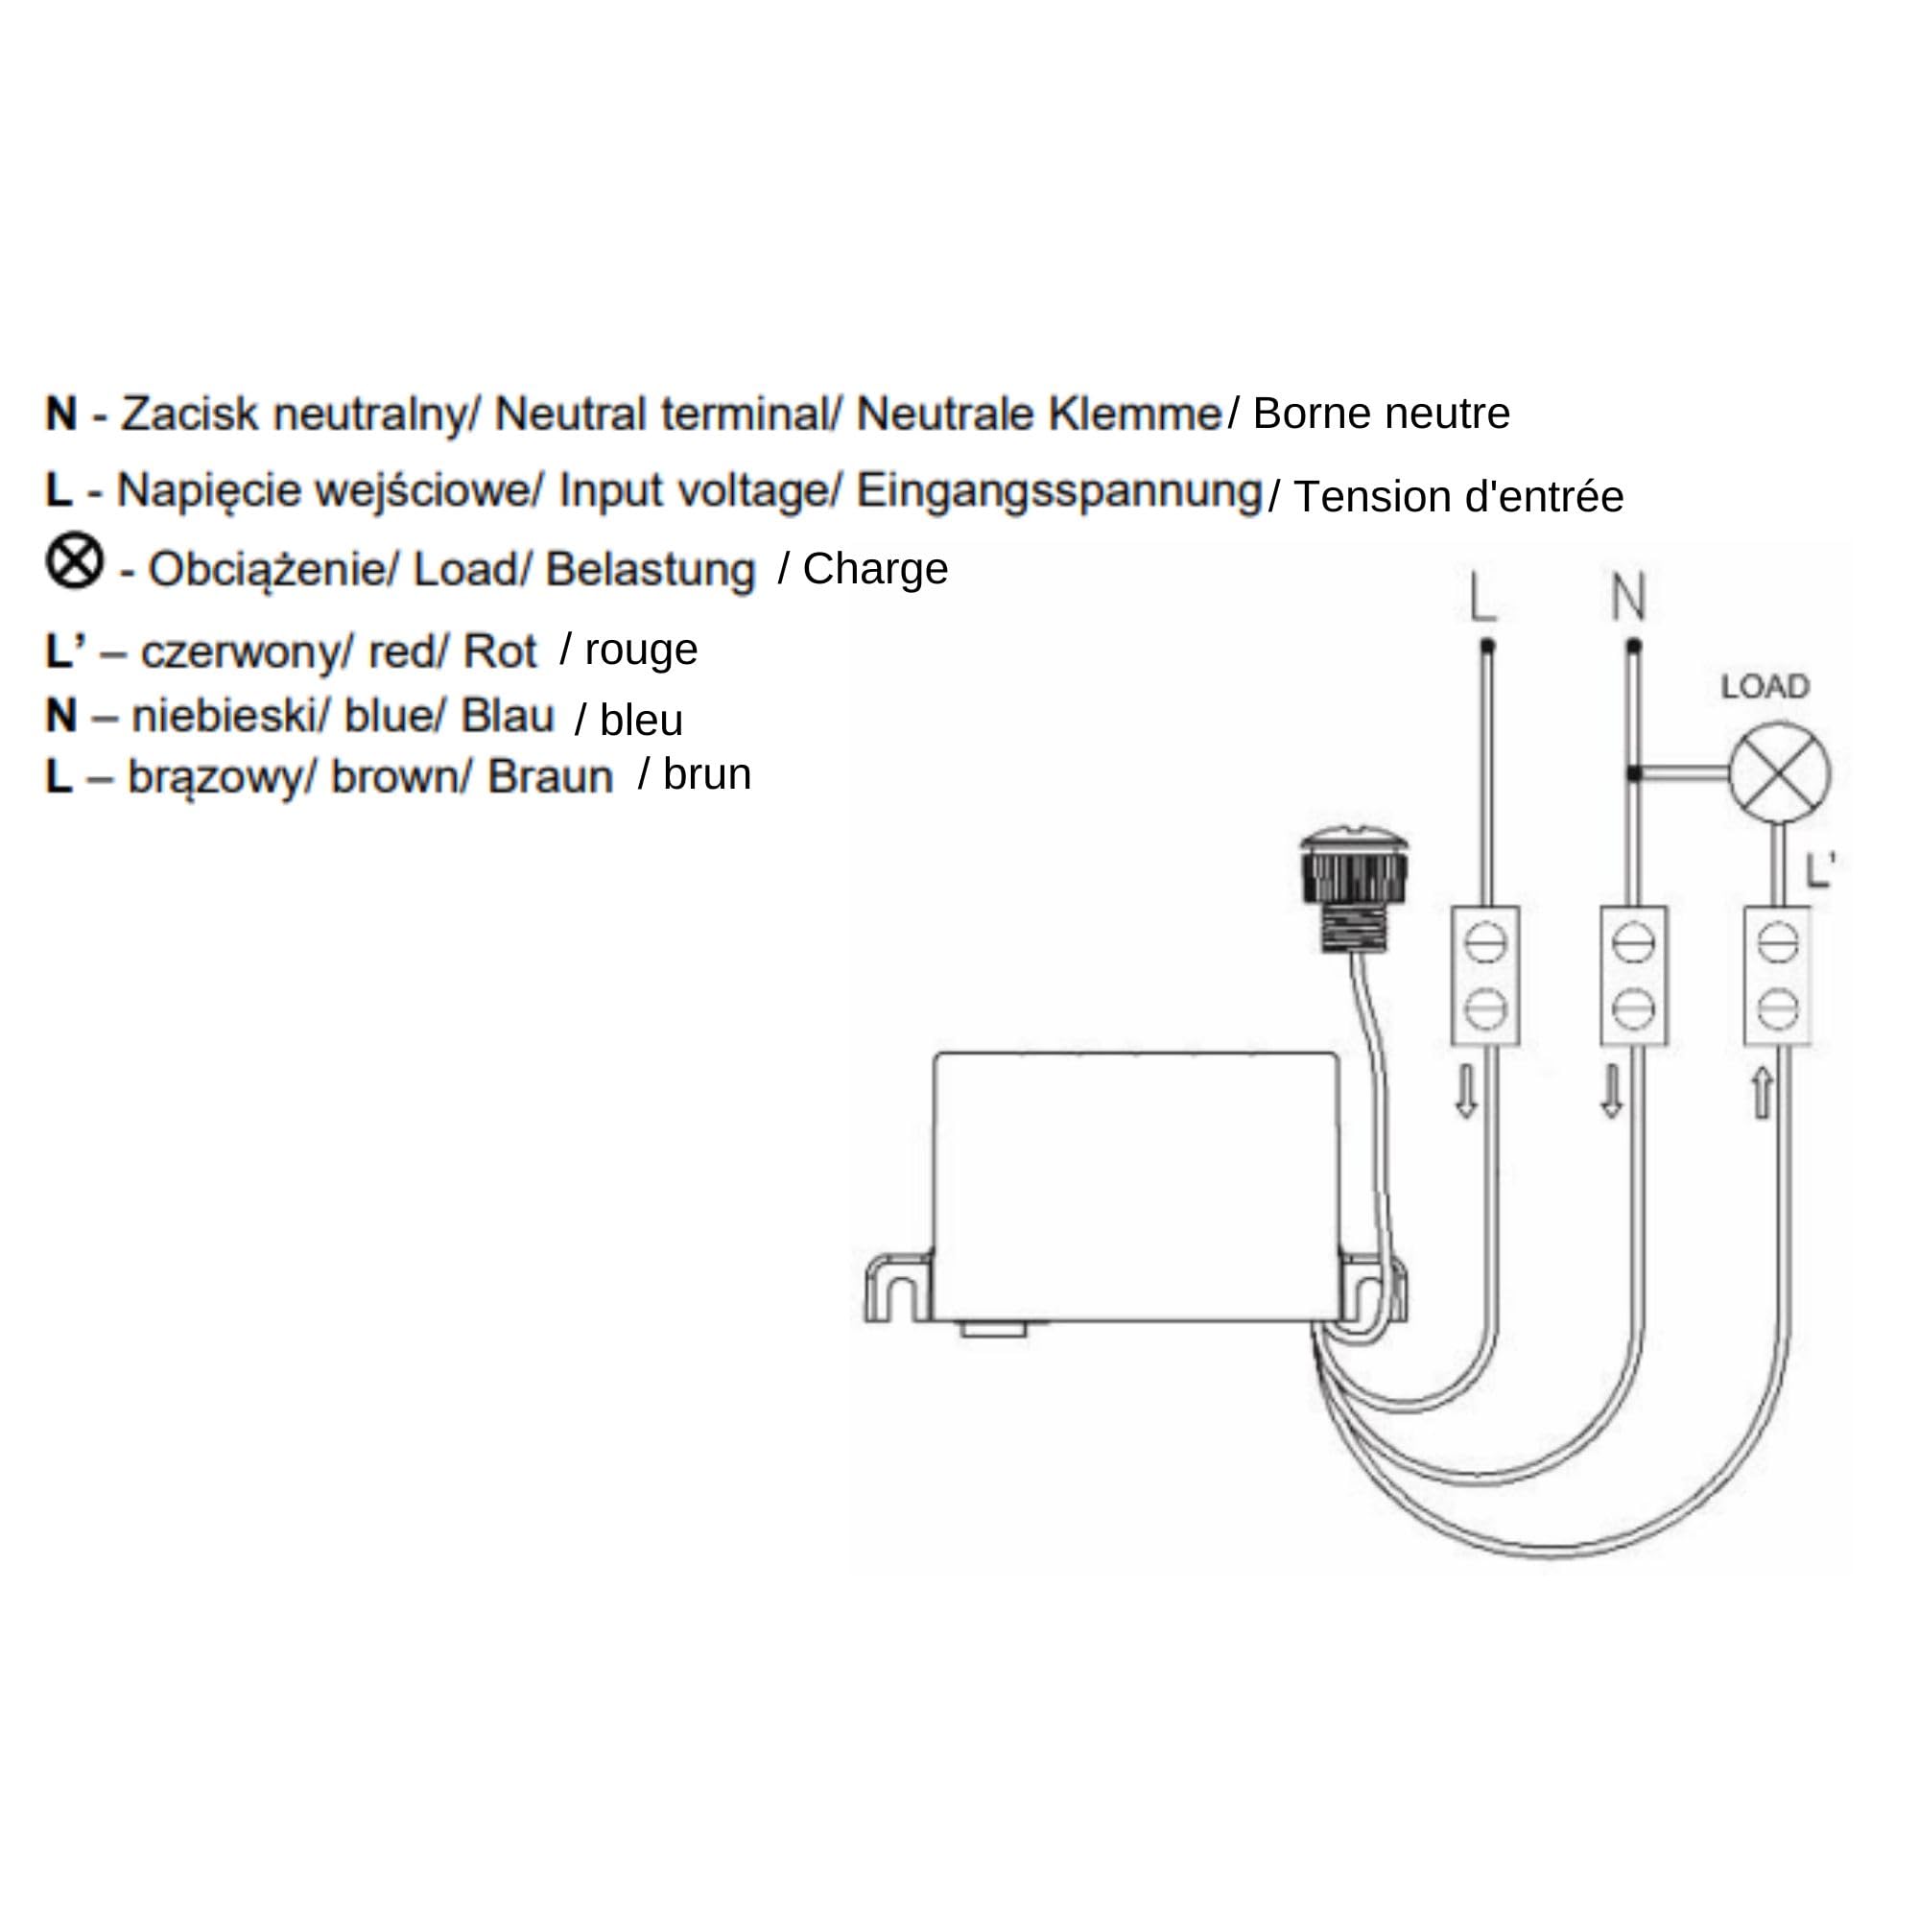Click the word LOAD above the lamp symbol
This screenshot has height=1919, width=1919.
pyautogui.click(x=1765, y=686)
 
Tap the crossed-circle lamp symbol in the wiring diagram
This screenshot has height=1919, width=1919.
pyautogui.click(x=1780, y=773)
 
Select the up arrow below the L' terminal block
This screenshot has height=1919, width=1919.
pyautogui.click(x=1762, y=1093)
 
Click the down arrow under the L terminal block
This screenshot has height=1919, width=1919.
pyautogui.click(x=1466, y=1093)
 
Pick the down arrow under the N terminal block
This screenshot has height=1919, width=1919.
pyautogui.click(x=1612, y=1093)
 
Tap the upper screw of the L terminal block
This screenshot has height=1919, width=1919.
pyautogui.click(x=1485, y=942)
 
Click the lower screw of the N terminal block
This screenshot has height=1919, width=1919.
pyautogui.click(x=1634, y=1009)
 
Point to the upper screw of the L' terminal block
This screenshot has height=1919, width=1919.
pyautogui.click(x=1778, y=942)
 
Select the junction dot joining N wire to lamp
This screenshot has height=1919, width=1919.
pyautogui.click(x=1634, y=772)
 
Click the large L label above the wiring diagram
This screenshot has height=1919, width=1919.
pyautogui.click(x=1482, y=597)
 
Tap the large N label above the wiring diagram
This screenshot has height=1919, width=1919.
pyautogui.click(x=1628, y=597)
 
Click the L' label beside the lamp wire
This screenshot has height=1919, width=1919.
pyautogui.click(x=1819, y=870)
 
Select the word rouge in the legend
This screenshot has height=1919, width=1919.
pyautogui.click(x=642, y=651)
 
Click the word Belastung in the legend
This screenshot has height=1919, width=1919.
pyautogui.click(x=651, y=570)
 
